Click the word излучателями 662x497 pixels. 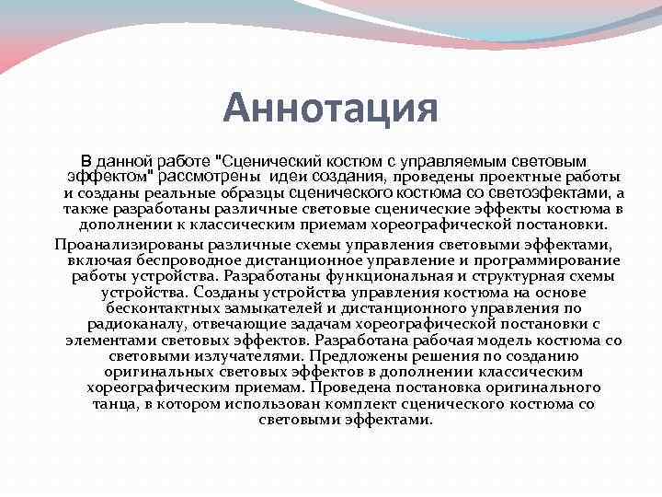(x=254, y=355)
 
